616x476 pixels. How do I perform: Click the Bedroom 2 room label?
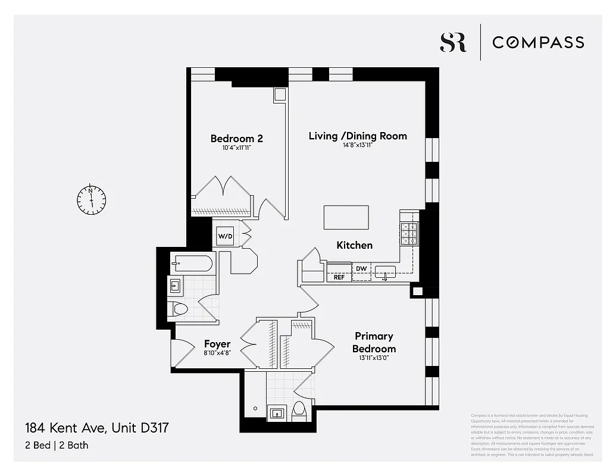click(236, 139)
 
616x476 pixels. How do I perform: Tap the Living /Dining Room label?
click(358, 136)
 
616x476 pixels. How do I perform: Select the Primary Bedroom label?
click(374, 342)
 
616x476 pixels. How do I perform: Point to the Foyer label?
click(217, 344)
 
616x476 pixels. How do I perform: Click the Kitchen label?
click(355, 245)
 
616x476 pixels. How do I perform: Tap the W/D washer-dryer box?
click(225, 236)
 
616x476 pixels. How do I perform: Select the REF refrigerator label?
click(339, 277)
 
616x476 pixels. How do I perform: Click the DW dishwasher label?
click(361, 268)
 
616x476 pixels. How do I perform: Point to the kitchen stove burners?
click(409, 233)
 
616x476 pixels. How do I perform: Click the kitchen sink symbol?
click(385, 273)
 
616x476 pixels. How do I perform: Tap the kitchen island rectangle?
click(346, 217)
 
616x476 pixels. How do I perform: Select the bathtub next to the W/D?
click(192, 264)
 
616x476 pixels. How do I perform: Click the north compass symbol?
click(91, 199)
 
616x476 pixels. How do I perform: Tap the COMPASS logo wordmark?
click(538, 42)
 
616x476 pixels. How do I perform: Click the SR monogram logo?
click(453, 42)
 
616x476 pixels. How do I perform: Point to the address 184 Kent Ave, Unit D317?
click(101, 427)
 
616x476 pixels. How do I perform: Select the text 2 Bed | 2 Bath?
click(57, 444)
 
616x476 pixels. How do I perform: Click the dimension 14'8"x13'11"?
click(357, 145)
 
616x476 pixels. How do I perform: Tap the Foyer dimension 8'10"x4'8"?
click(217, 353)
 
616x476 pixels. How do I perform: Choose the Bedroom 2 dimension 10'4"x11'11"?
click(236, 148)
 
